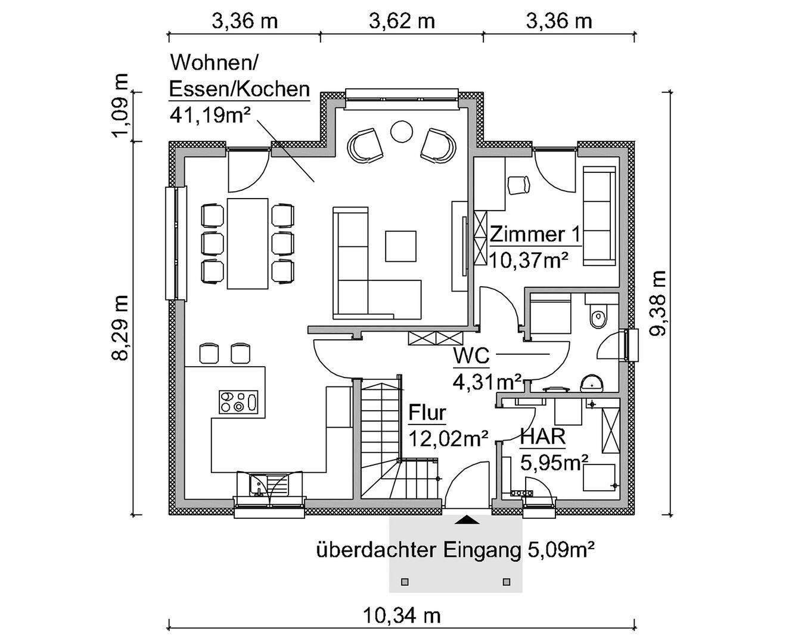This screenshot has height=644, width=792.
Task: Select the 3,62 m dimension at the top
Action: point(401,21)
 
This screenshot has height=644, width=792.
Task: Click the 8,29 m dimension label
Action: point(122,327)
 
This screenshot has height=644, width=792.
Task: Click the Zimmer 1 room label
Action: point(535,234)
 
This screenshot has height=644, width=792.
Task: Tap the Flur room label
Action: point(427,413)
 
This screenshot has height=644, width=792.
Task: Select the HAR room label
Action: point(542,436)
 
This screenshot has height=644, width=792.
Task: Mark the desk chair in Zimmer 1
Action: point(518,184)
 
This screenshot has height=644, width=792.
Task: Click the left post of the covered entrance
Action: point(405,581)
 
